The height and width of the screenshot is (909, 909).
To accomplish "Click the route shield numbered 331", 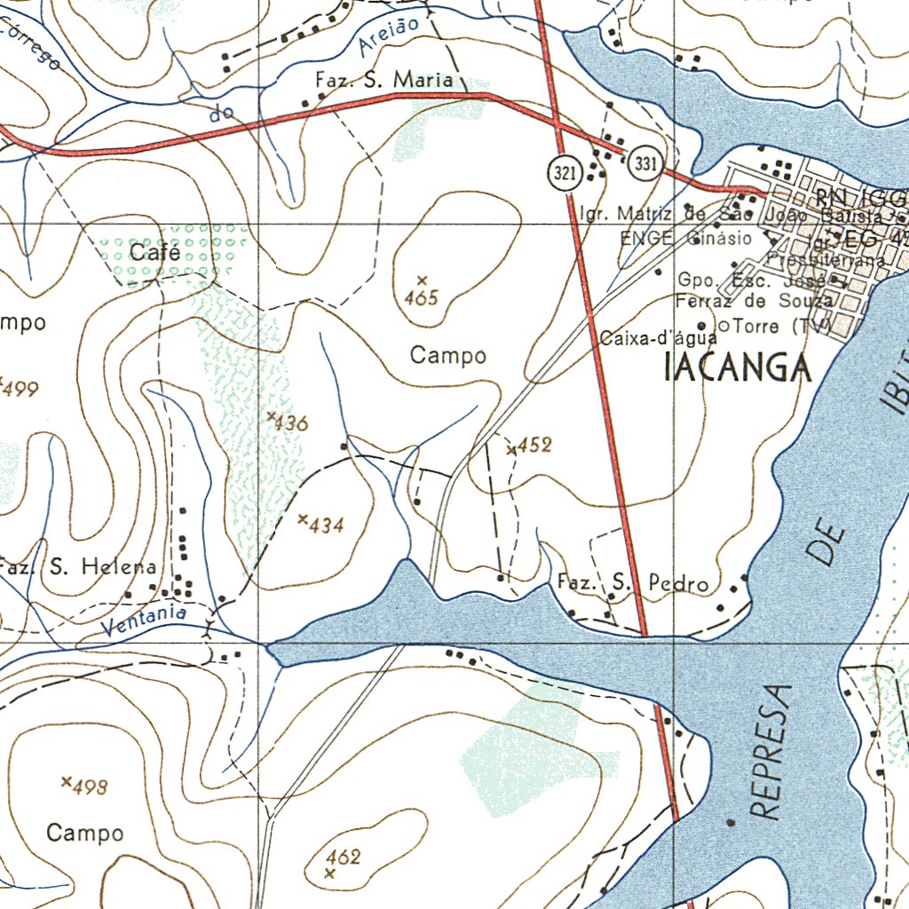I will point(645,164).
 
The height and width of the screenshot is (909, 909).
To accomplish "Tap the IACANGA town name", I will point(738,368).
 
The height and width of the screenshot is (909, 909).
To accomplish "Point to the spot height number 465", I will point(421,298).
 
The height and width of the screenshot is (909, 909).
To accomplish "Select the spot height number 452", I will point(534,445).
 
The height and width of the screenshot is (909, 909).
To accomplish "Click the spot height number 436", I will point(291,423).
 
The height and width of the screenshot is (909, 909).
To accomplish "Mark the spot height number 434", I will point(326,526).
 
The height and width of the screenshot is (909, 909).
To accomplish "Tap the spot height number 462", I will point(343,857).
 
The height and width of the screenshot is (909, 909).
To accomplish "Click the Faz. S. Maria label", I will point(383,80).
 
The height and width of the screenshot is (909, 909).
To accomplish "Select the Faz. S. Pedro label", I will point(633,583).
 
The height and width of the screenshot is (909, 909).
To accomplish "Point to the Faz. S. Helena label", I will point(78,566).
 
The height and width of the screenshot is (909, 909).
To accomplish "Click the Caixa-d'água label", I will point(658,338).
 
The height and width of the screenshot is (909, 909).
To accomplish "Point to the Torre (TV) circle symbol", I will point(723,327).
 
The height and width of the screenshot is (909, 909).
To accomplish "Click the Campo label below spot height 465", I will point(448,356).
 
